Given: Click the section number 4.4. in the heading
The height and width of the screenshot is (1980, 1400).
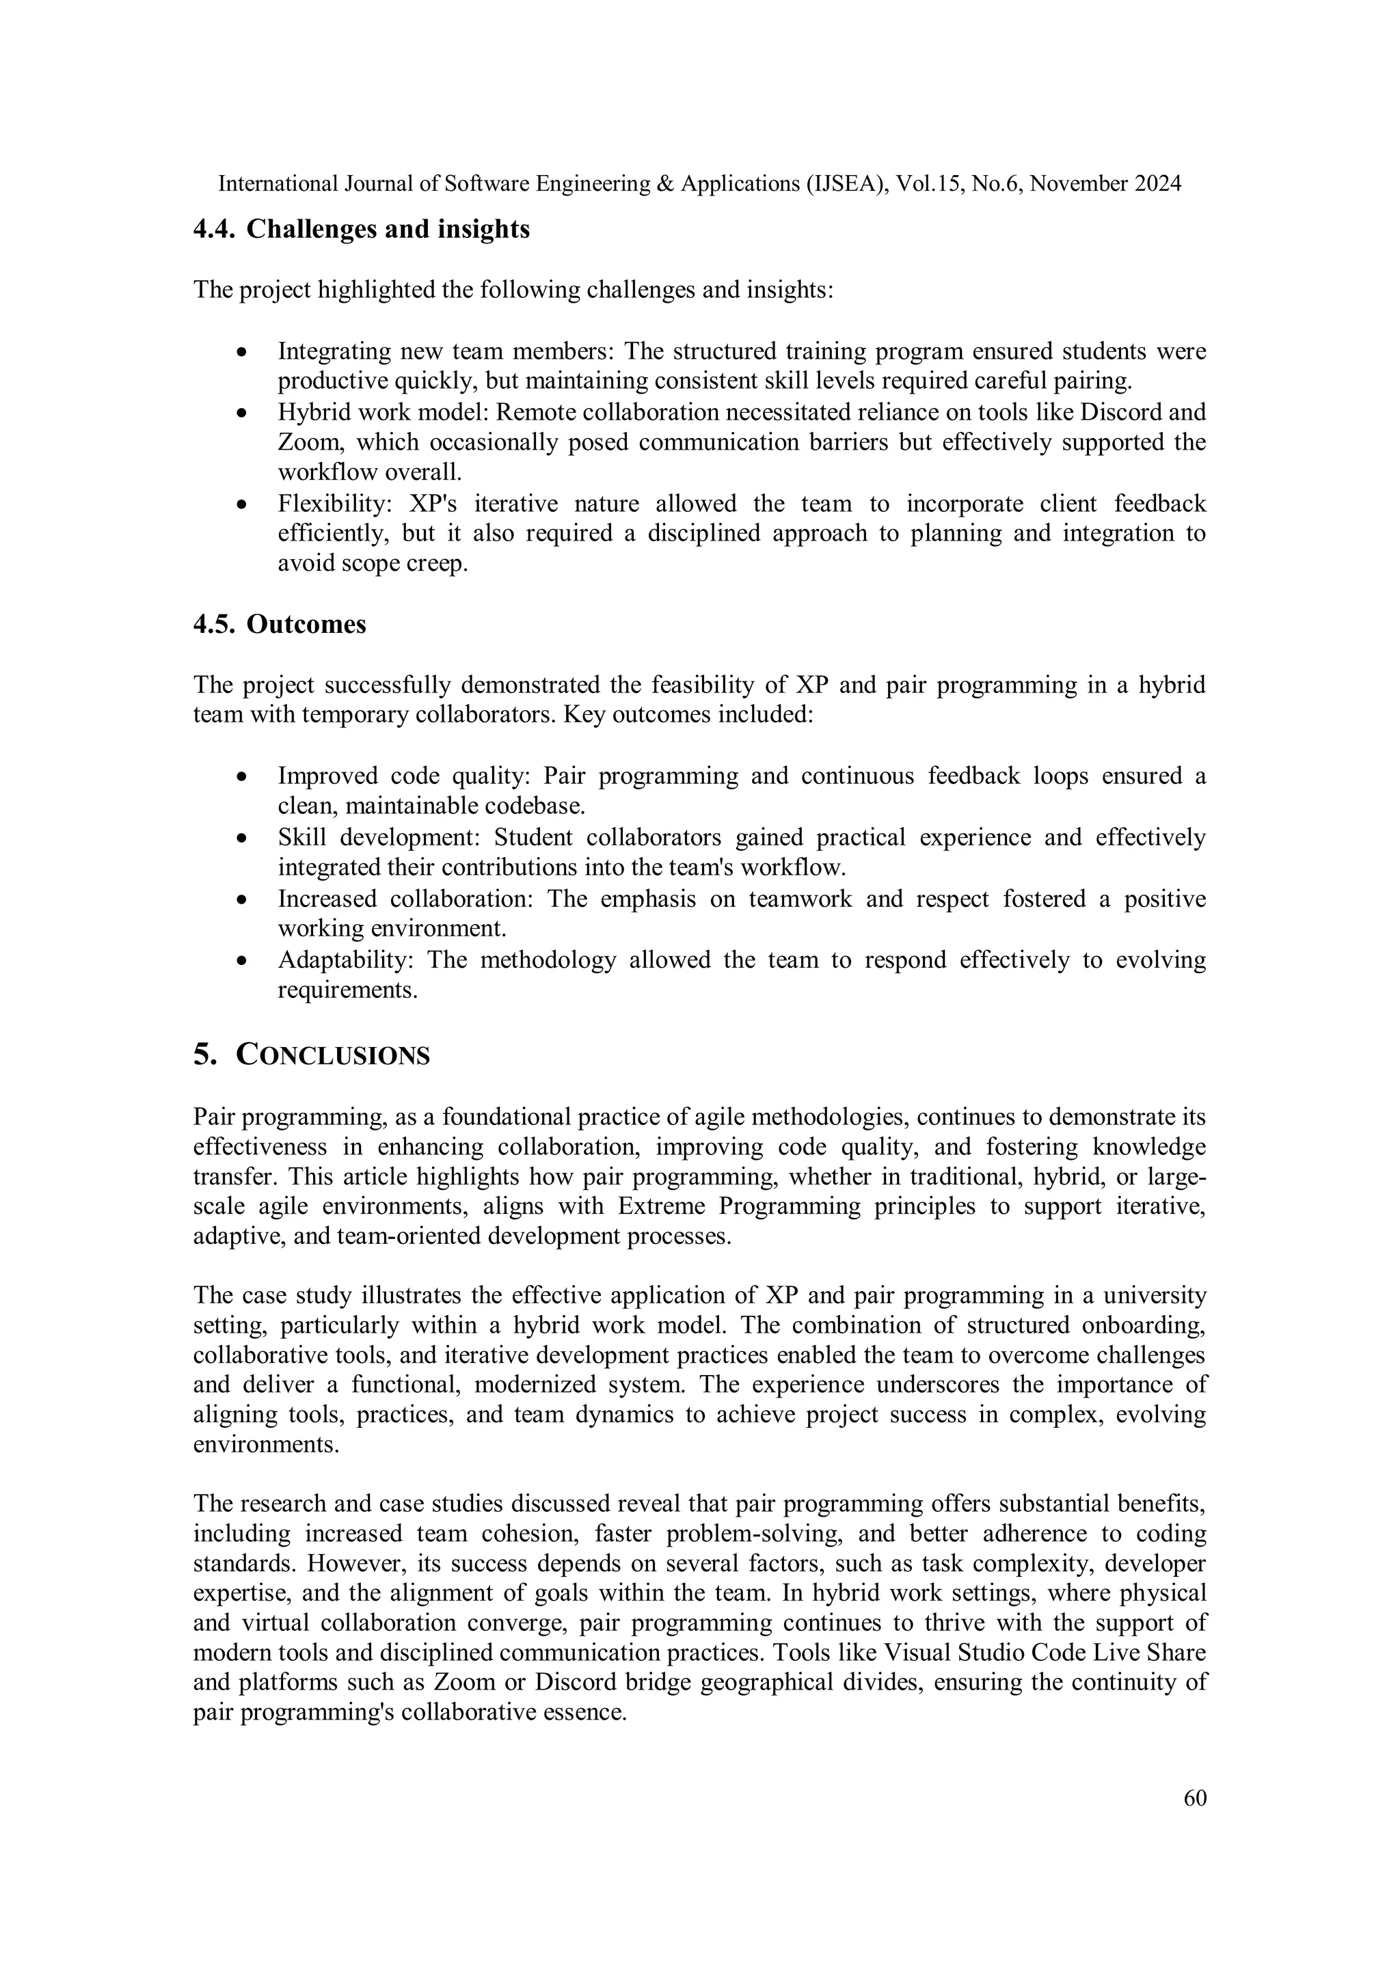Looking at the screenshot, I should pyautogui.click(x=215, y=230).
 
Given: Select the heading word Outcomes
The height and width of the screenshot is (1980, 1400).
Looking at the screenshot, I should pyautogui.click(x=306, y=625).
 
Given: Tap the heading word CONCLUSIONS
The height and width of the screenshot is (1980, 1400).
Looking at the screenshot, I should pyautogui.click(x=333, y=1055).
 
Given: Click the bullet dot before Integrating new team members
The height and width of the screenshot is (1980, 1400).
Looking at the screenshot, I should pyautogui.click(x=244, y=353).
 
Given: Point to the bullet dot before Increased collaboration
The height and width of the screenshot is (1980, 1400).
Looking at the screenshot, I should pyautogui.click(x=244, y=900).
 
